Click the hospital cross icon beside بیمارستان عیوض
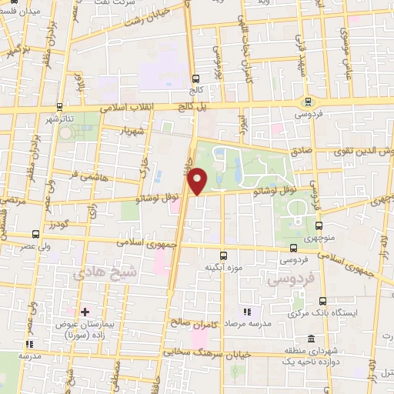point(85,312)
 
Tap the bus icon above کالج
point(197,78)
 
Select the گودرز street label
point(60,225)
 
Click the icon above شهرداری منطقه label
point(311,339)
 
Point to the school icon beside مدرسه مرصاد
point(248,312)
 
